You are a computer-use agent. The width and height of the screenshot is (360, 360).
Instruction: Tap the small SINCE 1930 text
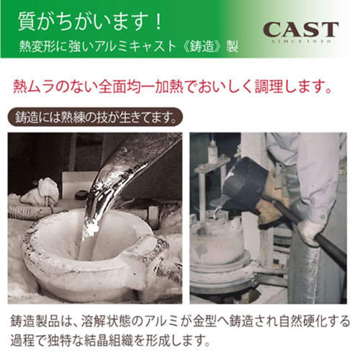[300, 41]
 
